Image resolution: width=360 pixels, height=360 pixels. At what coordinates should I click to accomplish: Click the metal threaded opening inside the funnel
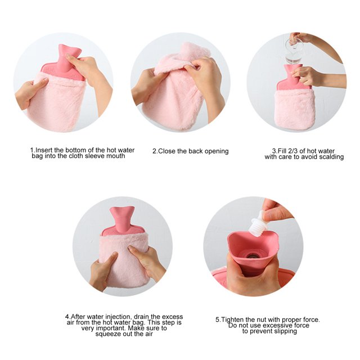coord(252,256)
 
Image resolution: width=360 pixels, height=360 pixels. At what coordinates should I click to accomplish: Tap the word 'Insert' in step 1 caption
coord(44,150)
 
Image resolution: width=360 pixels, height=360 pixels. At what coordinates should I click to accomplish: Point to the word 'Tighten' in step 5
coord(232,319)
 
